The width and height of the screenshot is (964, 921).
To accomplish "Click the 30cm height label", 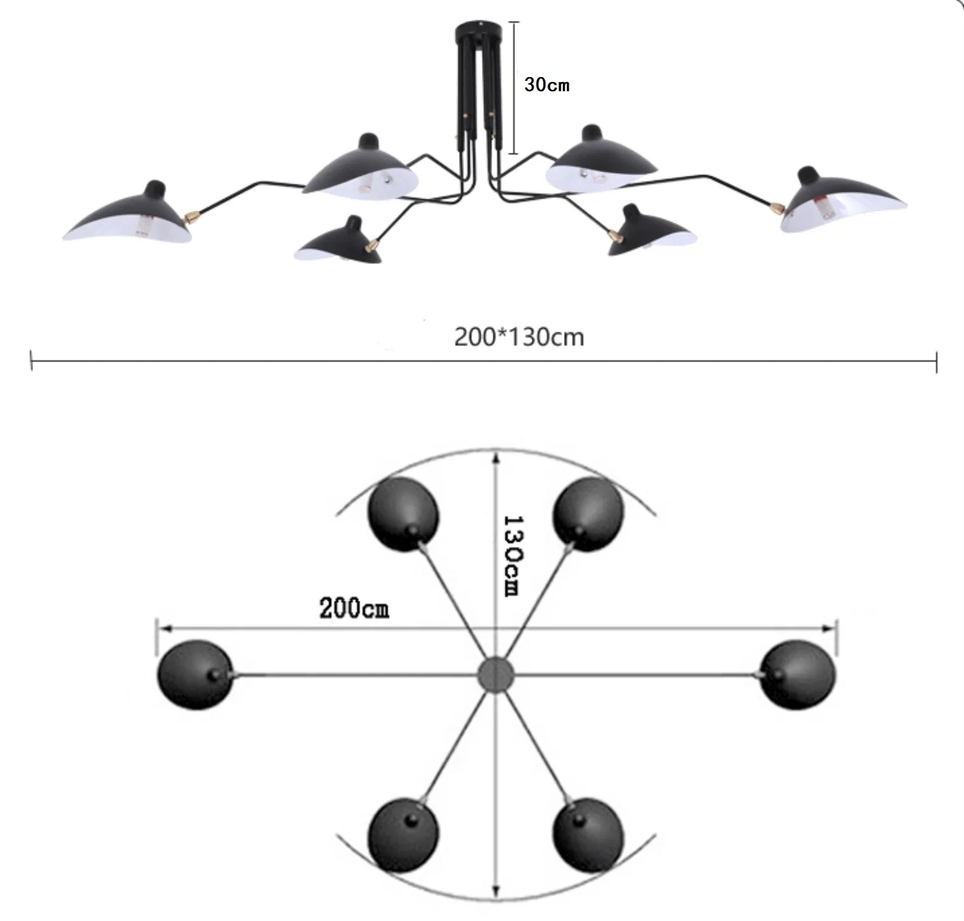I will click(x=546, y=84).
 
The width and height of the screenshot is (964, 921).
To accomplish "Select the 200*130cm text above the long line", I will click(x=519, y=337).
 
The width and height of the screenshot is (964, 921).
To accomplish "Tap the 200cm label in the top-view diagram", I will click(x=354, y=608).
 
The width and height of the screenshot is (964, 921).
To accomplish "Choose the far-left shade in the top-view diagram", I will click(x=195, y=675).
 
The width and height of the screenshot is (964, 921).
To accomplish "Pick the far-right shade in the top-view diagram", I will click(x=797, y=675).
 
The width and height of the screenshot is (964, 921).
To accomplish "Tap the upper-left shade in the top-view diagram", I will click(x=403, y=514).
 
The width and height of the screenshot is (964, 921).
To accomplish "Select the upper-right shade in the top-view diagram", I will click(x=588, y=514).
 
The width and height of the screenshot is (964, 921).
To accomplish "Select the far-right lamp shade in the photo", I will click(x=843, y=200).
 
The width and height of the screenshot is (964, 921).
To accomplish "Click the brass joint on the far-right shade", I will click(x=777, y=207).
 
